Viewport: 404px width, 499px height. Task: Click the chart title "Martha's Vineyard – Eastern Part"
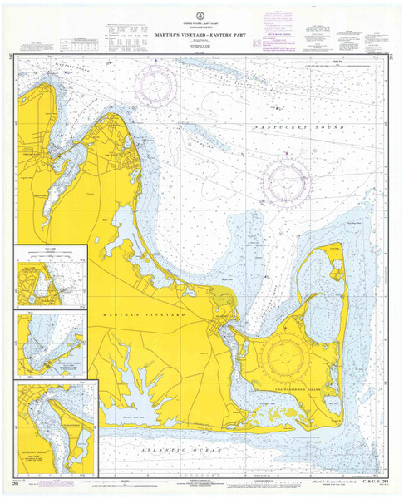pyautogui.click(x=202, y=25)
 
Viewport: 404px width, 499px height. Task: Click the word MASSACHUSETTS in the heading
pyautogui.click(x=202, y=19)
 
